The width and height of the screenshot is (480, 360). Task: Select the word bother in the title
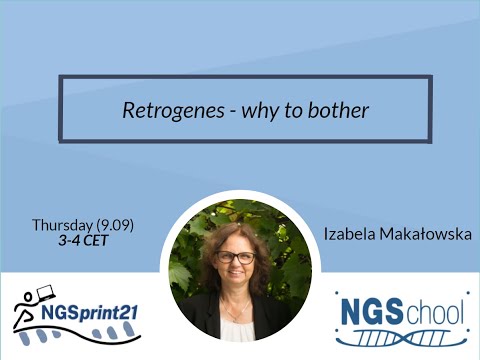[x=342, y=110]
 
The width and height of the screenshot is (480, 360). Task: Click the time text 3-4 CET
[x=82, y=240]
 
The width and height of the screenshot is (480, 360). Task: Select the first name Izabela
[x=349, y=234]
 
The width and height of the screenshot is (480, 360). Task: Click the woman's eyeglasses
[x=236, y=257]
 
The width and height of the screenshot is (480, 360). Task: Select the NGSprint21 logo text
[x=89, y=311]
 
